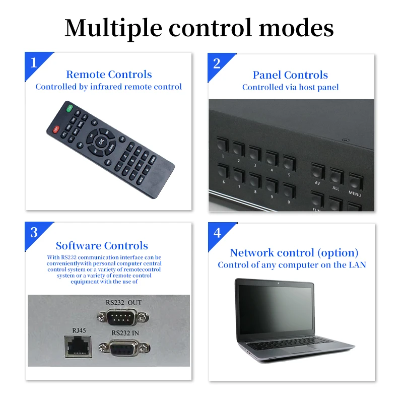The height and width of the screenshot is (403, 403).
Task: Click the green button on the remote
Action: [70, 107]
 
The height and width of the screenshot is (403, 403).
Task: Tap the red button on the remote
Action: [56, 129]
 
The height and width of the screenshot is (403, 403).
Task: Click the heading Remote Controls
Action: [109, 75]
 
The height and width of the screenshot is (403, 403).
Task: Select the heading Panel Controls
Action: [290, 75]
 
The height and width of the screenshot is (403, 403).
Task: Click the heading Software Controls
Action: [102, 246]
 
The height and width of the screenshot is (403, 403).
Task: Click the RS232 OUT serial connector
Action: [122, 317]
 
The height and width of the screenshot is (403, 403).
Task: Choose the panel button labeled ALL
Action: [336, 176]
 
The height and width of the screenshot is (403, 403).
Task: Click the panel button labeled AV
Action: [317, 172]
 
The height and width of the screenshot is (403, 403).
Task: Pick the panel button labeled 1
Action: [223, 145]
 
